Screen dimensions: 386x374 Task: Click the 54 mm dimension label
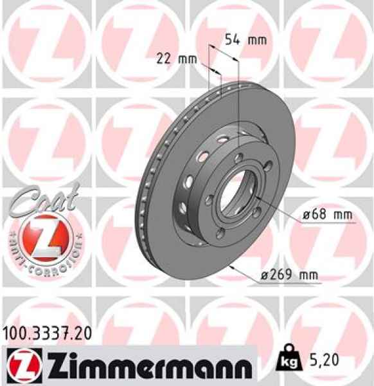[244, 40]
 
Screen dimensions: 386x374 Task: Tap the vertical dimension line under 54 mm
[238, 96]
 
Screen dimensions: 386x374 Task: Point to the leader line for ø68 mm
[276, 212]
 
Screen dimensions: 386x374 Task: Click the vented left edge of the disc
[143, 193]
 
